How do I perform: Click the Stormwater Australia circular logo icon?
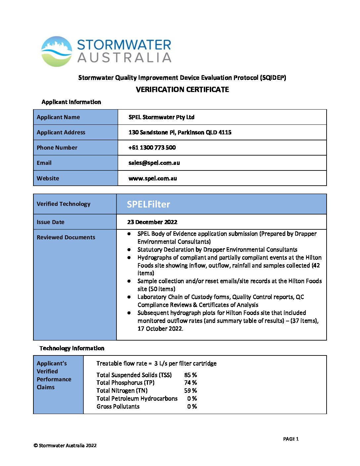pos(57,51)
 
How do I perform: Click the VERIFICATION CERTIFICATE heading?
pos(182,90)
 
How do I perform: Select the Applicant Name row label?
pos(58,117)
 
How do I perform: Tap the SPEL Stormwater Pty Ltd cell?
pos(161,117)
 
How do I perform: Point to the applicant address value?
pos(180,132)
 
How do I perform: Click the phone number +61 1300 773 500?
pos(152,148)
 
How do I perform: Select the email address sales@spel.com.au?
pos(154,163)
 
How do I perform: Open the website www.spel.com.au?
pos(153,178)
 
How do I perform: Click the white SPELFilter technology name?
pos(149,204)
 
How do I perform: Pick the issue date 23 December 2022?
pos(152,222)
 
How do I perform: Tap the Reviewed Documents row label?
pos(66,237)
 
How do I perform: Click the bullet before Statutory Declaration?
pos(129,250)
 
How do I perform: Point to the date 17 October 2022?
pos(160,329)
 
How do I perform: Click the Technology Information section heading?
pos(72,348)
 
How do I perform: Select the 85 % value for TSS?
pos(191,375)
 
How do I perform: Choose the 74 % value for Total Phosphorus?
pos(191,383)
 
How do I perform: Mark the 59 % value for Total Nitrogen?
pos(191,391)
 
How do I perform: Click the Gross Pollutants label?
pos(118,406)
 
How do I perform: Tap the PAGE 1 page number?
pos(291,439)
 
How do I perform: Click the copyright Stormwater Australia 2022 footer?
pos(65,445)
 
